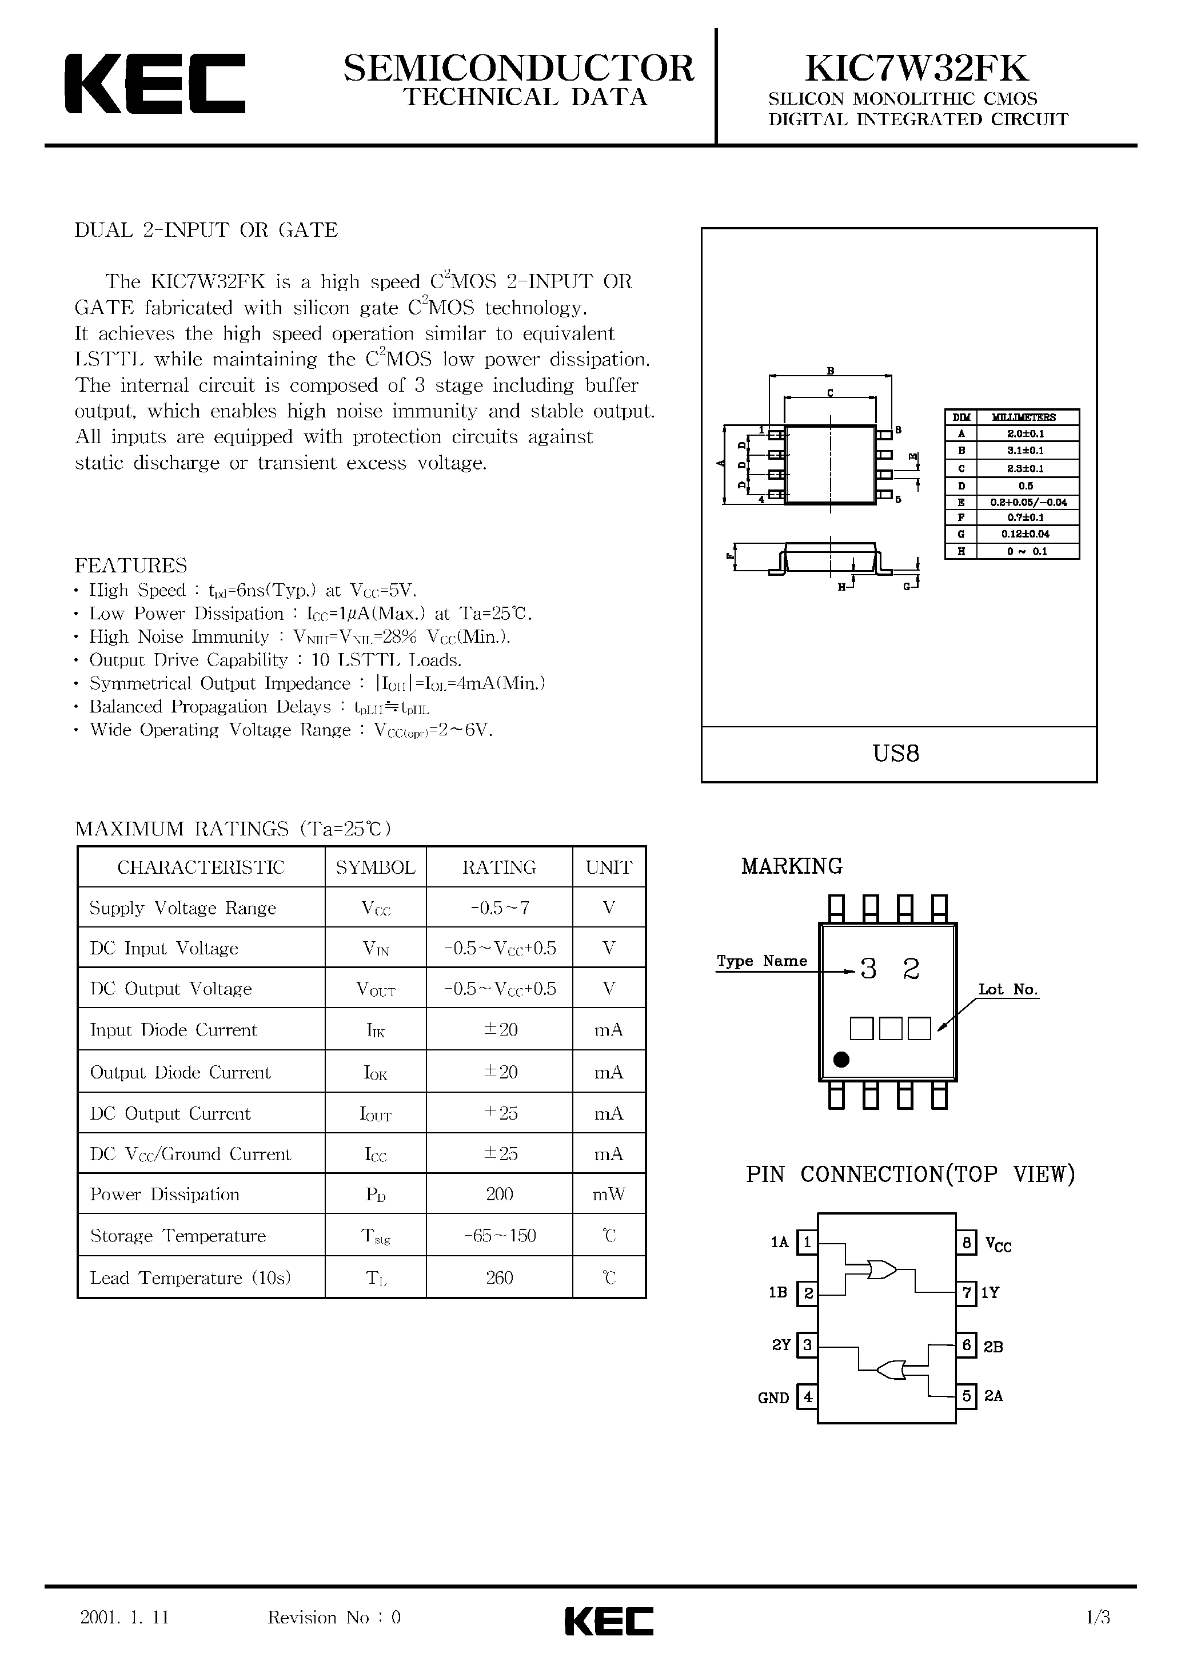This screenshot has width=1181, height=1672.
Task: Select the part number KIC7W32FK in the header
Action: coord(917,69)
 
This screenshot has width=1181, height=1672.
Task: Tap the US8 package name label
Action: coord(896,753)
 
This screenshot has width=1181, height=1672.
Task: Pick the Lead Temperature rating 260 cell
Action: coord(499,1278)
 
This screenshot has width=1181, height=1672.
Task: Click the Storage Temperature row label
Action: coord(178,1236)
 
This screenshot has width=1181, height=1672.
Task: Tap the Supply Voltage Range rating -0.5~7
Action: coord(499,908)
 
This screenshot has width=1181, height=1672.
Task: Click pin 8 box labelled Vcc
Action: coord(965,1243)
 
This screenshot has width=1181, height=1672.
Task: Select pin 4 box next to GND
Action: coord(807,1398)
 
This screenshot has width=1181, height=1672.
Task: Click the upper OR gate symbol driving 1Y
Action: coord(881,1270)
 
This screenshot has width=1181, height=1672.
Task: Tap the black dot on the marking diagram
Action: coord(841,1060)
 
